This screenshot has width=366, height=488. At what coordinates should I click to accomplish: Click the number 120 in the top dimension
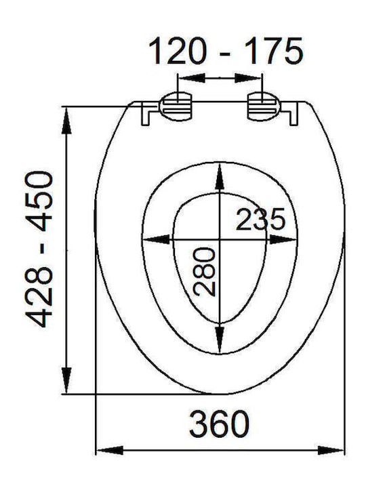click(x=178, y=51)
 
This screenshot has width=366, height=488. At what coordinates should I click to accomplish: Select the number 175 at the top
click(x=274, y=51)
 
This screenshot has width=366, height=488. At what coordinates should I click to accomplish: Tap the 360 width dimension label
click(x=219, y=424)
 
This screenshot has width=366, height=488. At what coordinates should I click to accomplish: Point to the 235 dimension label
click(x=260, y=219)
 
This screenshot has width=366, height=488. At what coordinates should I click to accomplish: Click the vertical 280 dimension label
click(x=204, y=271)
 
